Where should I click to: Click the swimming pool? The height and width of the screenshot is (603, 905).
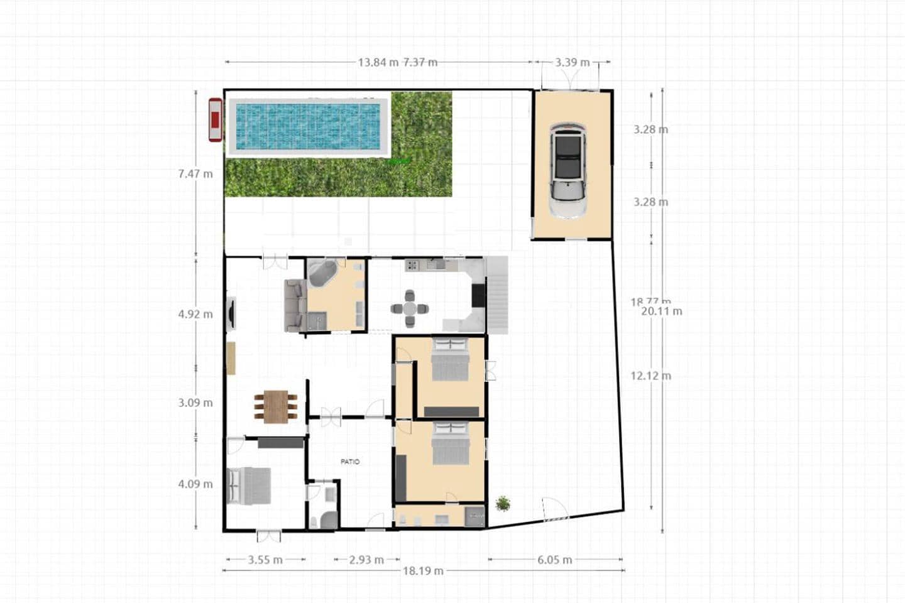pos(307,126)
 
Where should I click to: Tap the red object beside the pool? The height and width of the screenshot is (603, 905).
pos(215,119)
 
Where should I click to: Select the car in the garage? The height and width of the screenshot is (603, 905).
pos(568,170)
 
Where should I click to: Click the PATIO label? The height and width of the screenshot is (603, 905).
pos(350,462)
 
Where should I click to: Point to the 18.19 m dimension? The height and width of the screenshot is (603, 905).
pos(423,571)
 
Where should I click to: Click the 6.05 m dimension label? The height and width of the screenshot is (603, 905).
pos(554,560)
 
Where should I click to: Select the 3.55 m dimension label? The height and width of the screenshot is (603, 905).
pos(265,560)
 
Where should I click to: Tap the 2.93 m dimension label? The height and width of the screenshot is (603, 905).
pos(366,560)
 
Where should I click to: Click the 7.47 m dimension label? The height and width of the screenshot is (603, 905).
pos(195,174)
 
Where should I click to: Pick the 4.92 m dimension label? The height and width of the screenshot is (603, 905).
pos(195,314)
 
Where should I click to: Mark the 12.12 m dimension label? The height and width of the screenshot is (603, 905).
pos(651,376)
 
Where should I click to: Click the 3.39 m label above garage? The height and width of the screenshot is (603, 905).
pos(572,62)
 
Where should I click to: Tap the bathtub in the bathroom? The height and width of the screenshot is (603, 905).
pos(322,274)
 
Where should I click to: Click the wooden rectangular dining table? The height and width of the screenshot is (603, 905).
pos(276,406)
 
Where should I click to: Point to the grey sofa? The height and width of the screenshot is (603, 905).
pos(294,306)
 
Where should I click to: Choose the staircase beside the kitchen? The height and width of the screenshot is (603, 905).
pos(498,295)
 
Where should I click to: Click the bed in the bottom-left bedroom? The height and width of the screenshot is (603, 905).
pos(250,486)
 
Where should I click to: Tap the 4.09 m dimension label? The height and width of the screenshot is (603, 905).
pos(195,484)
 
